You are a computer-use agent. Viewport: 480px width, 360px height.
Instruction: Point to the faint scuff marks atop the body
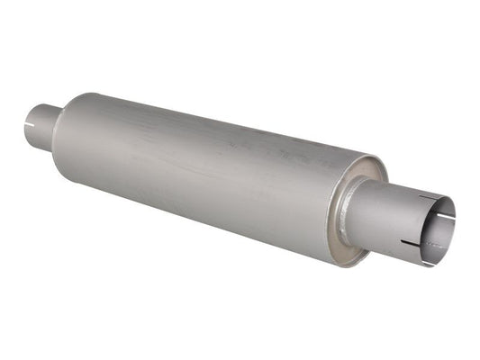coord(270,144)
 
